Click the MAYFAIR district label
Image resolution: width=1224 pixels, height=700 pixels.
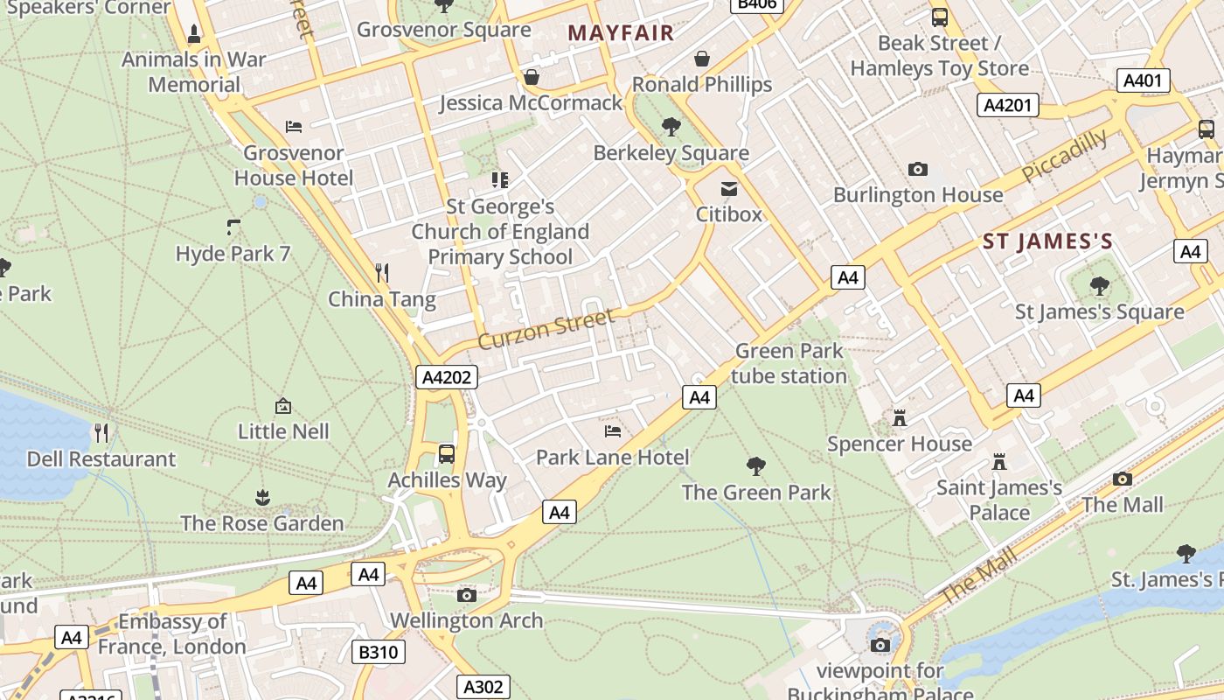(621, 33)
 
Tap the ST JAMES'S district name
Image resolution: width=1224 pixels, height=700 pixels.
(1047, 242)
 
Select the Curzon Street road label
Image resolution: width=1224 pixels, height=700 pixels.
(546, 329)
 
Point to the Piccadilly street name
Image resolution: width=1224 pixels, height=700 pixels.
(1065, 156)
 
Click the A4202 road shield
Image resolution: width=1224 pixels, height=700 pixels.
(446, 378)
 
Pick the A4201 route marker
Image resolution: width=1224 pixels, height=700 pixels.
(1007, 105)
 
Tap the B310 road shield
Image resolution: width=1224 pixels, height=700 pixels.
(379, 652)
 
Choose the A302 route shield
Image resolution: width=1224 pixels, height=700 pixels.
(483, 687)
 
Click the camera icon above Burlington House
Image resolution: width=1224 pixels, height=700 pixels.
(917, 169)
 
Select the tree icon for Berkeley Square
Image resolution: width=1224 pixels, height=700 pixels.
(671, 127)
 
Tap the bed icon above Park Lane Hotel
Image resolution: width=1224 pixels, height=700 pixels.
(613, 431)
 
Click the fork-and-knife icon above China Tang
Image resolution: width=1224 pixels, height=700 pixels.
(382, 273)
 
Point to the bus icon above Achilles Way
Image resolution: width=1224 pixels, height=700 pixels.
(447, 454)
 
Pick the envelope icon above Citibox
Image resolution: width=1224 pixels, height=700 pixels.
(728, 189)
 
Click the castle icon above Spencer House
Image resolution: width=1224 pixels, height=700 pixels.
(900, 418)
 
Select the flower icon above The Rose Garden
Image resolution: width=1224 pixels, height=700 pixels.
(262, 498)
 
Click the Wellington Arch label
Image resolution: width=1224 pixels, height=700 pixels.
(466, 620)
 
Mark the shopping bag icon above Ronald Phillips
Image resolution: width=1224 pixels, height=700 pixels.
(701, 59)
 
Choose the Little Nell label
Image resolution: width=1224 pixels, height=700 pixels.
(283, 431)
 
